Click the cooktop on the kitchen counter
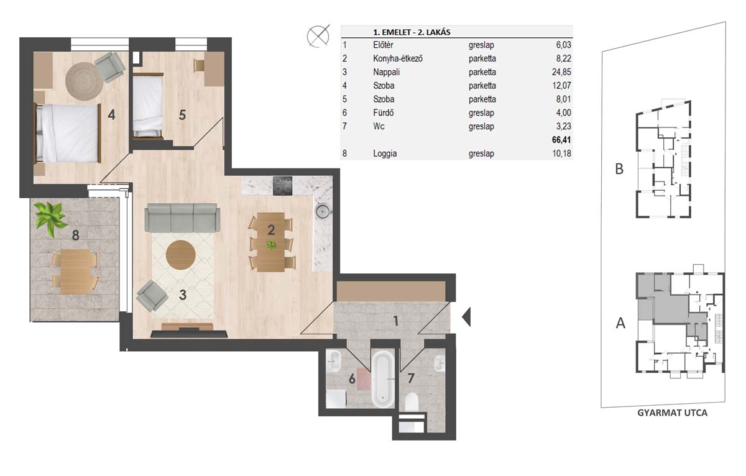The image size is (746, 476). pyautogui.click(x=282, y=186)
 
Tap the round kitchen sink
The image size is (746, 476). pyautogui.click(x=323, y=211)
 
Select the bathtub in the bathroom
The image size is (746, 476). pyautogui.click(x=383, y=379)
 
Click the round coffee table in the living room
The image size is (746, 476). pyautogui.click(x=180, y=255)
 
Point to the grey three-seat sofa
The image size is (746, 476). pyautogui.click(x=182, y=218)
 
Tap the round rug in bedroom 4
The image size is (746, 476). pyautogui.click(x=85, y=81)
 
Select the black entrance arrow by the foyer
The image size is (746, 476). pyautogui.click(x=466, y=317)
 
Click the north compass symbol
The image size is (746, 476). pyautogui.click(x=318, y=36)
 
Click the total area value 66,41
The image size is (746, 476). pyautogui.click(x=561, y=139)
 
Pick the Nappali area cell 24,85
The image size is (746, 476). pyautogui.click(x=561, y=72)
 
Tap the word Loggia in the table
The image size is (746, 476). pyautogui.click(x=385, y=153)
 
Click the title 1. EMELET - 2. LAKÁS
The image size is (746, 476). pyautogui.click(x=412, y=32)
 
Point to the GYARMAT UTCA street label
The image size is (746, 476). pyautogui.click(x=672, y=413)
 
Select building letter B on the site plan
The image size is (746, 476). pyautogui.click(x=619, y=169)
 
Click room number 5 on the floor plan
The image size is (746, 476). pyautogui.click(x=182, y=115)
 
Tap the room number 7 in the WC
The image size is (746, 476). pyautogui.click(x=411, y=378)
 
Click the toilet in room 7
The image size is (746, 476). pyautogui.click(x=412, y=402)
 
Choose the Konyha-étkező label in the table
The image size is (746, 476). pyautogui.click(x=398, y=58)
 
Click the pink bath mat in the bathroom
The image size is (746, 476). pyautogui.click(x=364, y=380)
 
